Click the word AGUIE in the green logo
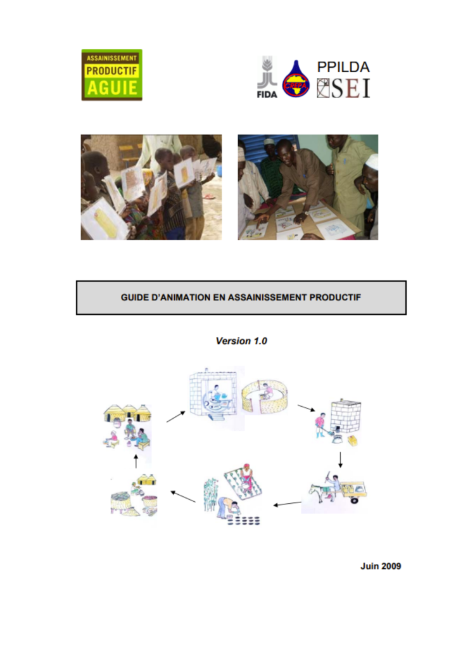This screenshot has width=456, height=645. [112, 87]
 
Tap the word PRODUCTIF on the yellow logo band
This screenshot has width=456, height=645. [111, 71]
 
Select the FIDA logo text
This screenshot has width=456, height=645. [267, 94]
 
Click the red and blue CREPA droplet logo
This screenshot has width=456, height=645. [296, 79]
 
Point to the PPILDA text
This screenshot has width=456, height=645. [343, 67]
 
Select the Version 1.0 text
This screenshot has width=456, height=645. [241, 341]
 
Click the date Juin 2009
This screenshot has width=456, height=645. [381, 566]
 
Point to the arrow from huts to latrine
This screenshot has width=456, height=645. [175, 417]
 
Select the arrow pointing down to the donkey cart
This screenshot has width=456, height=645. [340, 460]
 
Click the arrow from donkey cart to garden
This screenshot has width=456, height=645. [288, 504]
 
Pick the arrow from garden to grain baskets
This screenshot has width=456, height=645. [183, 497]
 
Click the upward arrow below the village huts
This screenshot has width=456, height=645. [136, 461]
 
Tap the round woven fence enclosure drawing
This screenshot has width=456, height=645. [265, 397]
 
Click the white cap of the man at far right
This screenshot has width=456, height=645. [372, 161]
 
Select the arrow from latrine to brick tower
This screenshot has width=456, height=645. [306, 408]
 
